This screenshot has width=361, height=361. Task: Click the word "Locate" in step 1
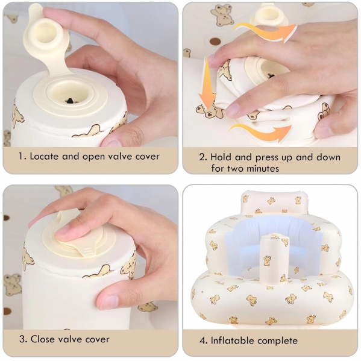[44, 156]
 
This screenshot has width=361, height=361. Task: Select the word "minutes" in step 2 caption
[262, 169]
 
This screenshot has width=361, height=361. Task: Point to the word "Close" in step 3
[43, 339]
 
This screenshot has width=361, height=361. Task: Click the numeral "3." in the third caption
[23, 339]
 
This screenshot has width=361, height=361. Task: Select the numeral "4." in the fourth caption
[204, 341]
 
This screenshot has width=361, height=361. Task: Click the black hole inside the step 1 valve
[69, 101]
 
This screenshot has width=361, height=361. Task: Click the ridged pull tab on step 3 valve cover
[88, 250]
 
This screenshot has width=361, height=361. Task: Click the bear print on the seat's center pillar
[268, 260]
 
